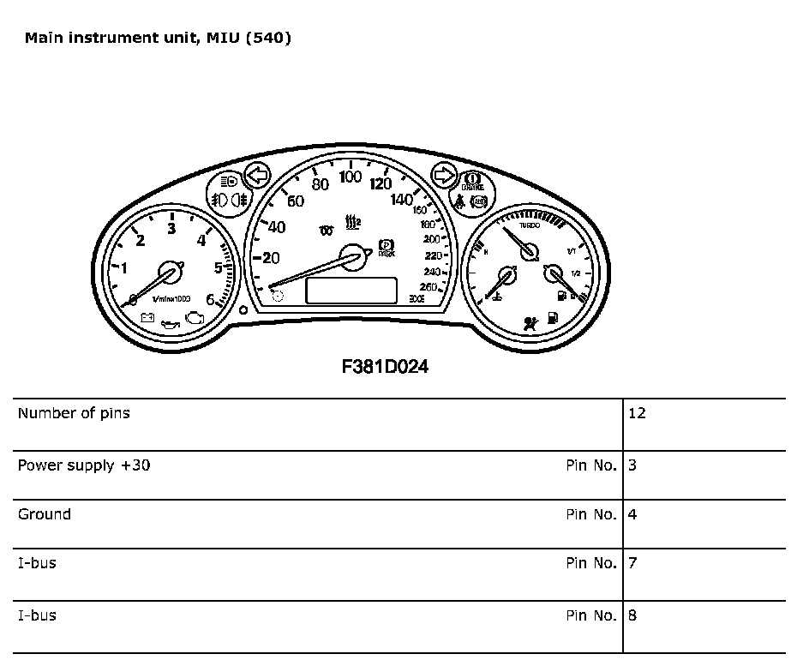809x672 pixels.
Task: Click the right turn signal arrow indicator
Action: click(x=444, y=175)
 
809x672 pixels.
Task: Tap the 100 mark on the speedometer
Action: click(x=350, y=177)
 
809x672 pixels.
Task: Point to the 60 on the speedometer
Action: click(x=296, y=202)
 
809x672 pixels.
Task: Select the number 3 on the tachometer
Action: click(x=171, y=228)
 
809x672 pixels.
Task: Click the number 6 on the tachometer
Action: click(x=210, y=300)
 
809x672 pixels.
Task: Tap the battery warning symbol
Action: click(x=147, y=318)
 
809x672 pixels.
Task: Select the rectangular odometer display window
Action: click(x=351, y=291)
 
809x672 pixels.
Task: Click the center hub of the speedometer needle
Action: click(x=351, y=255)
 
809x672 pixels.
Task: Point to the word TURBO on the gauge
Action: click(x=529, y=225)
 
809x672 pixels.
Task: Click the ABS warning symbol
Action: click(x=479, y=203)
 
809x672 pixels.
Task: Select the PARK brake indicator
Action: click(x=386, y=249)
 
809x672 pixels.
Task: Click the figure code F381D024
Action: click(x=385, y=366)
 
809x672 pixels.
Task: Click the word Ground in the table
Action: click(x=45, y=514)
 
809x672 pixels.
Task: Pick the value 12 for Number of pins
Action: click(x=637, y=413)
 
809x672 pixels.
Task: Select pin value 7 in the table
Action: click(x=632, y=563)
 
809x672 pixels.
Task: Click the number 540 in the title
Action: click(x=267, y=38)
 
